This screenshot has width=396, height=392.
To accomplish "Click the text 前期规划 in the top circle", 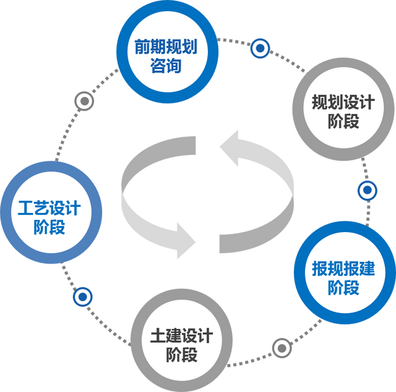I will (x=166, y=48).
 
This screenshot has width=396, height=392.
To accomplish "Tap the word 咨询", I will (x=166, y=65).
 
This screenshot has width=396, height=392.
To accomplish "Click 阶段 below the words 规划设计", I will (x=343, y=120).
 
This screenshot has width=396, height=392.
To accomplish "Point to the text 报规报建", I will (x=343, y=270).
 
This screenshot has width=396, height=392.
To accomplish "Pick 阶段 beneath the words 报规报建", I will (x=343, y=288).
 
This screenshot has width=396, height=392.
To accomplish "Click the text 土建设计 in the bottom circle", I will (x=181, y=336).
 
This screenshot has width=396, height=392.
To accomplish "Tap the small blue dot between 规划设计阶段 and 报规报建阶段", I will (x=368, y=190).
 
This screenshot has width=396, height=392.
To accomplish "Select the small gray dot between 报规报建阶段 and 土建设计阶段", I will (x=282, y=347).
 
